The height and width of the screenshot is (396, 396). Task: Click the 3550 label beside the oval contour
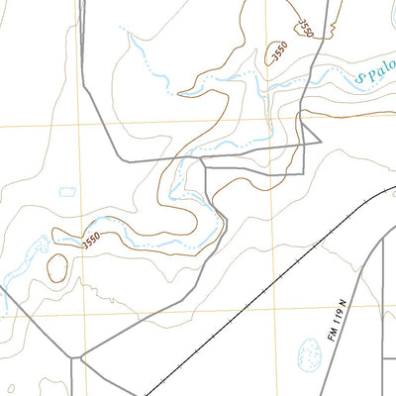coord(91,240)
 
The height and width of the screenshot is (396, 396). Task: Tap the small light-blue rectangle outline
coord(67,191)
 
